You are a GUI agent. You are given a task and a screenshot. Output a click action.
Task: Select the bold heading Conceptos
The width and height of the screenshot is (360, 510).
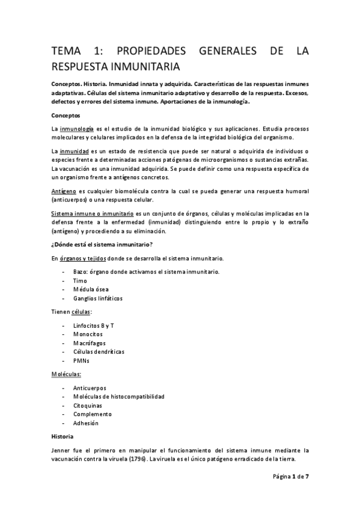click(x=67, y=115)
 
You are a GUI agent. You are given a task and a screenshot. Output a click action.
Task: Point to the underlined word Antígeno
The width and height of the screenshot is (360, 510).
click(x=64, y=191)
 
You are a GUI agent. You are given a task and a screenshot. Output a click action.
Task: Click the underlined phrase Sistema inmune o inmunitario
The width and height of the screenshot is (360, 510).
click(x=93, y=214)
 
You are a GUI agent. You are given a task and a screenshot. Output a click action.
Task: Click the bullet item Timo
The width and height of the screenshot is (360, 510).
click(x=80, y=281)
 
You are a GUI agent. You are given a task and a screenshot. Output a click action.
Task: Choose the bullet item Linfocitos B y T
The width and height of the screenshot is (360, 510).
click(x=94, y=325)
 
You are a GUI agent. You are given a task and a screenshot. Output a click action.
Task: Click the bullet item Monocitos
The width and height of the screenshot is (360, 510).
click(x=88, y=334)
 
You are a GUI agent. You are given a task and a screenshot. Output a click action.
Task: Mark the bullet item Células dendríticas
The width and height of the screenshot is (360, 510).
click(x=99, y=352)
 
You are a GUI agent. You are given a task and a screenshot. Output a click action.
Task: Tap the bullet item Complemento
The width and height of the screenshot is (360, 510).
click(x=92, y=414)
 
